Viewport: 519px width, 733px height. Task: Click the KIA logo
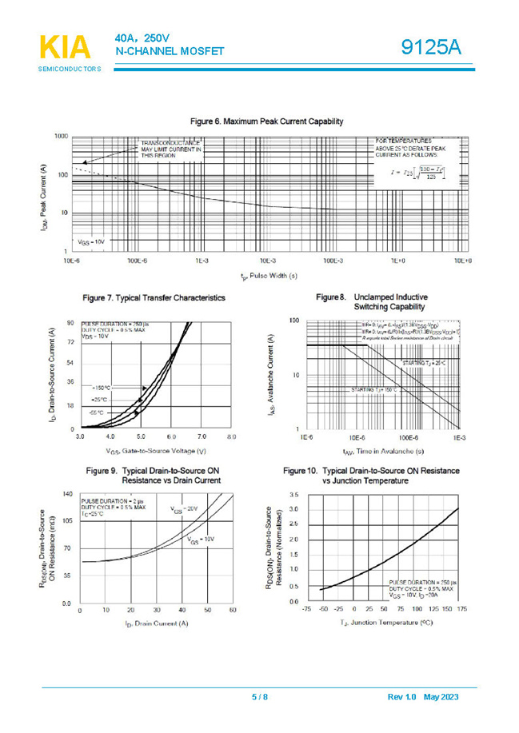65,47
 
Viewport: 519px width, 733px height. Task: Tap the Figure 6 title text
266,122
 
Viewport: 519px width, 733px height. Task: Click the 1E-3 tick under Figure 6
202,261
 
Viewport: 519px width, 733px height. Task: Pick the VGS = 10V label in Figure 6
91,241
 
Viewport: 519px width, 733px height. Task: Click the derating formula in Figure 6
417,172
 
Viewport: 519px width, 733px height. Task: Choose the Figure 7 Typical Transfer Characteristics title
154,297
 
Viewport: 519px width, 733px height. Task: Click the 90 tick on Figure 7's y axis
70,322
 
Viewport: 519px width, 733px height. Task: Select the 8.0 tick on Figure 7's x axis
231,437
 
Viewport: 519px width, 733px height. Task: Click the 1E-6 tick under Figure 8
306,438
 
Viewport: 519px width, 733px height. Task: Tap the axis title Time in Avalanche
382,451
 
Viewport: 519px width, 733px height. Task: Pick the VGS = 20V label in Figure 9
184,508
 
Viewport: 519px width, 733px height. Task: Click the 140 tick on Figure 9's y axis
67,495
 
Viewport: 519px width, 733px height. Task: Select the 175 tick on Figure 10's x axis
461,608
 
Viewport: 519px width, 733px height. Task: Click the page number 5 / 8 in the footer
260,697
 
